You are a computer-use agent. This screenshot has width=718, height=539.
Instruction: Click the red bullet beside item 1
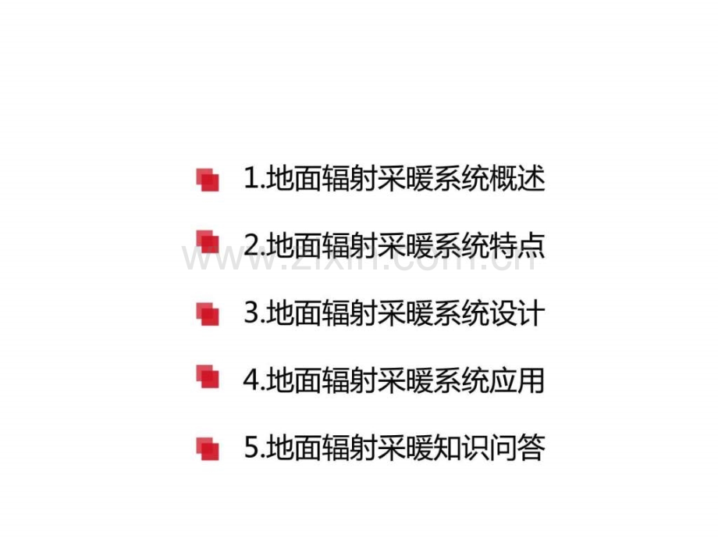208,180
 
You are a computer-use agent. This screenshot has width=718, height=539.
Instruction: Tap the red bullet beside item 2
208,241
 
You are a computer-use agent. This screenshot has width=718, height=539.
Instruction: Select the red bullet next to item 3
208,314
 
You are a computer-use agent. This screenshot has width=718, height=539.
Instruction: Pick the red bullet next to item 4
208,377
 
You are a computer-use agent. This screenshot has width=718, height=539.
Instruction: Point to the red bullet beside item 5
208,448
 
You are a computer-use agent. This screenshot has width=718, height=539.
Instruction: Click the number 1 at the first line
251,178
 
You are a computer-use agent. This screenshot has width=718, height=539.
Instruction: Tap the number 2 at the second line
252,245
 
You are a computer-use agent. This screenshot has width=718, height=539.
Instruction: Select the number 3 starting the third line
252,313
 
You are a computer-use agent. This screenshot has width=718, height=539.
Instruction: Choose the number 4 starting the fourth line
252,380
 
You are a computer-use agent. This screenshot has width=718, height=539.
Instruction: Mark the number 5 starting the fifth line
252,448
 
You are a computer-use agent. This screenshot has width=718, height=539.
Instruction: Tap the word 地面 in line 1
293,178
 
